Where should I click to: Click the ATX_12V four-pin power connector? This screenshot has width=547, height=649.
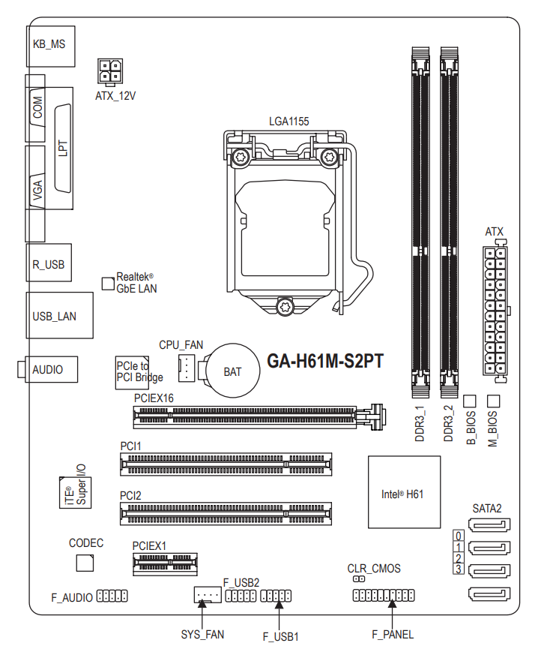point(110,71)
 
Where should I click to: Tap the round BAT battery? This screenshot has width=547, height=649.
point(233,371)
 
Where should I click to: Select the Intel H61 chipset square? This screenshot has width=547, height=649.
point(404,492)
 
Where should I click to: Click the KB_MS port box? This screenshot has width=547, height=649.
point(51,46)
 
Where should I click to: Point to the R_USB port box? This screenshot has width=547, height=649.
point(49,263)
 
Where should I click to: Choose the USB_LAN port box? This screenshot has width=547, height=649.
point(59,315)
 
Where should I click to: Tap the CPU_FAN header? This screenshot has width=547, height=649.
point(187,368)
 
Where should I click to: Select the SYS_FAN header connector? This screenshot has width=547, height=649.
point(207,594)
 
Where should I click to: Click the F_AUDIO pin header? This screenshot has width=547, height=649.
point(112,596)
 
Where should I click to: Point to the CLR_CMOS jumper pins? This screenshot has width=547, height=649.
point(359,578)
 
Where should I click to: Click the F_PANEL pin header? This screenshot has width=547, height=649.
point(384,595)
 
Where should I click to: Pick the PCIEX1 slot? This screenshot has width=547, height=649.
point(165,563)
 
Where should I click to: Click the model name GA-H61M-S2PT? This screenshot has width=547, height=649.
point(325,361)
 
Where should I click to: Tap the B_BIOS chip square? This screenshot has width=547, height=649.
point(469,401)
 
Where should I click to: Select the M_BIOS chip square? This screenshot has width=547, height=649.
point(494,401)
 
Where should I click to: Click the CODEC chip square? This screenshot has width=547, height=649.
point(85,563)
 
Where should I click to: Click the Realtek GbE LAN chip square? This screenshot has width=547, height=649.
point(108,284)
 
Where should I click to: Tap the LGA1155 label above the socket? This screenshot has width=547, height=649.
point(289,122)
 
